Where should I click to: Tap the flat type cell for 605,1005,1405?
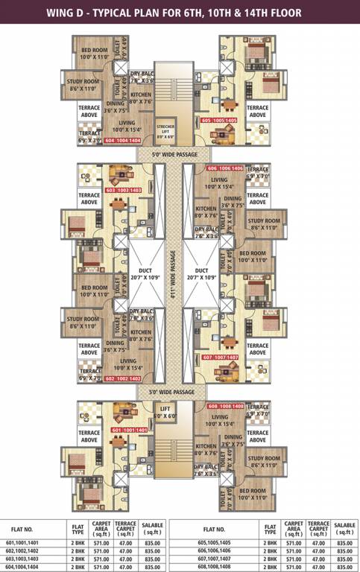[270, 542]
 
